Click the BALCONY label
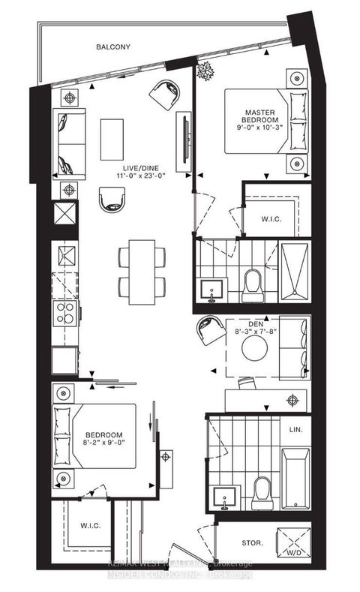coord(113,47)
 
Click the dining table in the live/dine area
coord(142,272)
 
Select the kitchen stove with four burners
coord(65,311)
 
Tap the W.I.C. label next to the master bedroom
coord(269,220)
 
